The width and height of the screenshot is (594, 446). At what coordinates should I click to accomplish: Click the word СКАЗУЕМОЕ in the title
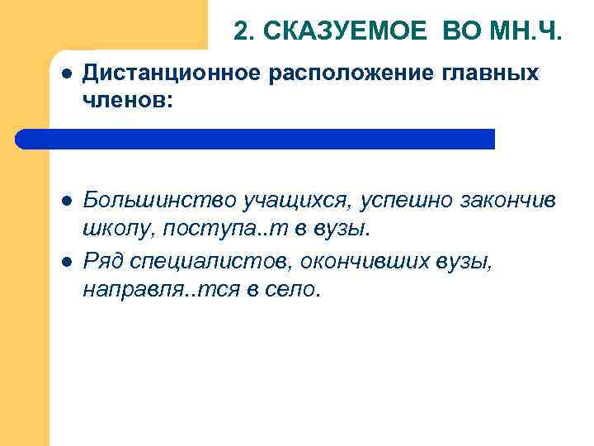(x=346, y=31)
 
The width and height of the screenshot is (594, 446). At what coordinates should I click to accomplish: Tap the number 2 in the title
(x=240, y=31)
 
